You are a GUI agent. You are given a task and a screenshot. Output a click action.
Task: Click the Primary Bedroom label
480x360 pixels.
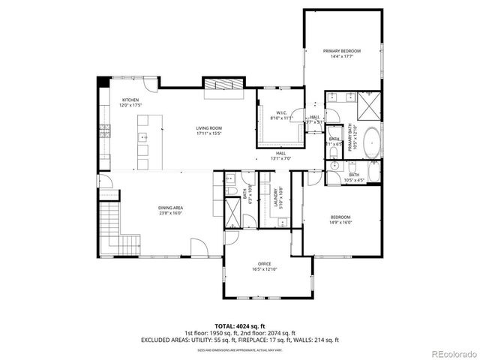[x=342, y=51]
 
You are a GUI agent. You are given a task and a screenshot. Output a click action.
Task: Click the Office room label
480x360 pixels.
[x=264, y=264]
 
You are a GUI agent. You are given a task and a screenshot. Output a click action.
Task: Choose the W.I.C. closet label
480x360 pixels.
[x=278, y=115]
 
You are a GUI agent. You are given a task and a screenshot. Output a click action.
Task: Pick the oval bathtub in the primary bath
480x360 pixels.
[x=372, y=142]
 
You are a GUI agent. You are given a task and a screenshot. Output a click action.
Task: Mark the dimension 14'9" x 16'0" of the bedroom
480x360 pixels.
[x=340, y=223]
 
